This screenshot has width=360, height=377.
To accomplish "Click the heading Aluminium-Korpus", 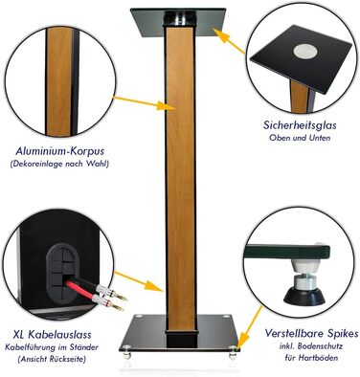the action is (x=60, y=151).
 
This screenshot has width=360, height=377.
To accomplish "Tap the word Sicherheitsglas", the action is (x=300, y=125).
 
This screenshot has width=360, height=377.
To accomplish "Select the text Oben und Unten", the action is (x=300, y=138).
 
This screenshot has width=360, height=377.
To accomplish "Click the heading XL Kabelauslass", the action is (x=53, y=335).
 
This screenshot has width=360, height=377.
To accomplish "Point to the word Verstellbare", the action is (x=294, y=334).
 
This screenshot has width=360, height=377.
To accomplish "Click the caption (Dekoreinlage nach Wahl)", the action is (x=59, y=165).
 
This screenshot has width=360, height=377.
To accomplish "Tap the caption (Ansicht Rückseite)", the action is (x=52, y=359).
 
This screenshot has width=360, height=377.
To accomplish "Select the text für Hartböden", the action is (x=311, y=358).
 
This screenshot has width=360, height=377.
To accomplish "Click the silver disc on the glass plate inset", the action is (x=305, y=52).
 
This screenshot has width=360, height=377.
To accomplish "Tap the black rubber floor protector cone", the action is (x=304, y=296).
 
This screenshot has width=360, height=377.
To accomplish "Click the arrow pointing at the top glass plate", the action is (x=229, y=41).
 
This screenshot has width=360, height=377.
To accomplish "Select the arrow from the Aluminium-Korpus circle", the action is (x=145, y=103).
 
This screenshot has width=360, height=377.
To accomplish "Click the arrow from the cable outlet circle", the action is (x=139, y=282).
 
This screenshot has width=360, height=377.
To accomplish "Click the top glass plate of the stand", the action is (x=178, y=22).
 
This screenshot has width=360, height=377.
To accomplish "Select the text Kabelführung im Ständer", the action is (x=52, y=347).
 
